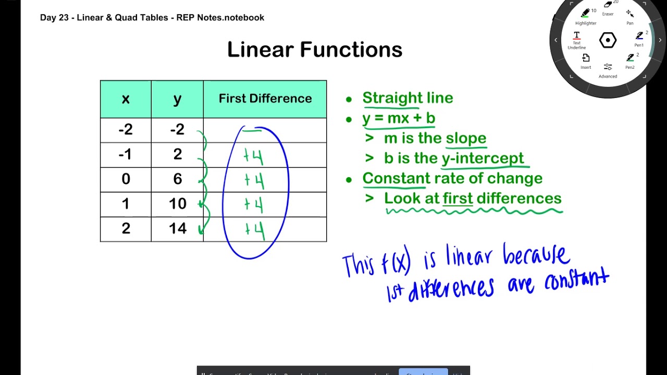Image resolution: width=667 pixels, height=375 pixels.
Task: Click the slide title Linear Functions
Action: pos(315,50)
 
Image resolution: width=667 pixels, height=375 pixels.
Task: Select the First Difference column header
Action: pos(265,98)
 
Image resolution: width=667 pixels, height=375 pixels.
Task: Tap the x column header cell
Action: pos(126,99)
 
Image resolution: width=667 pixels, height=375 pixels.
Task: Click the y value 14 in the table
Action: pos(177,229)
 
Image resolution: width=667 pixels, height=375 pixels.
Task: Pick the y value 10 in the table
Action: pos(177,204)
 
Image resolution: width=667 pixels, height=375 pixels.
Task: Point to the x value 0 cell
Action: pos(126,179)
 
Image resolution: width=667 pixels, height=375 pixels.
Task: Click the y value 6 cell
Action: pos(177,179)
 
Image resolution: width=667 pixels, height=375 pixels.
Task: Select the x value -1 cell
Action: pos(126,154)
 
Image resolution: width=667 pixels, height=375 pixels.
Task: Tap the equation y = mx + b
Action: pos(399,118)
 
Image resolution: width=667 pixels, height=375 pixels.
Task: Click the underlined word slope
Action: pos(466,138)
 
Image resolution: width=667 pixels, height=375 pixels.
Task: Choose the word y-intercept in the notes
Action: pos(483,158)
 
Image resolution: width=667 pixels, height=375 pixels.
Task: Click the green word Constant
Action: pos(396,178)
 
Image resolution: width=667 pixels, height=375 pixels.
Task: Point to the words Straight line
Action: pos(407,98)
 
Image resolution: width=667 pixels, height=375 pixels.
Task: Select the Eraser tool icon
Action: pos(608,6)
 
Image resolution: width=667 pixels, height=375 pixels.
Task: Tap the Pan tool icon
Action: pos(629,14)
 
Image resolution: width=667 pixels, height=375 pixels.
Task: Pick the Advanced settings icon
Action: pos(608,67)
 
